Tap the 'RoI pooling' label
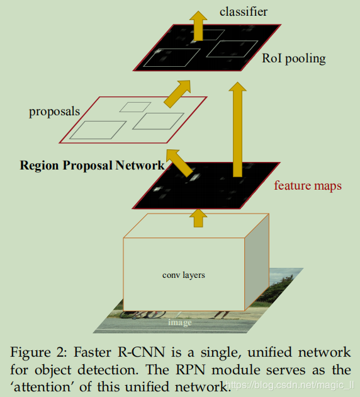294,59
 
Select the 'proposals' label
54,112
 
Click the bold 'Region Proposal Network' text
92,166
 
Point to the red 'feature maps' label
308,186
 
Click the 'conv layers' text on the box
184,275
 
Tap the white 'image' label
179,323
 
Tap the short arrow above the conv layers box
199,218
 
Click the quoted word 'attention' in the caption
43,385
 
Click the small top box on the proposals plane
135,106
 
